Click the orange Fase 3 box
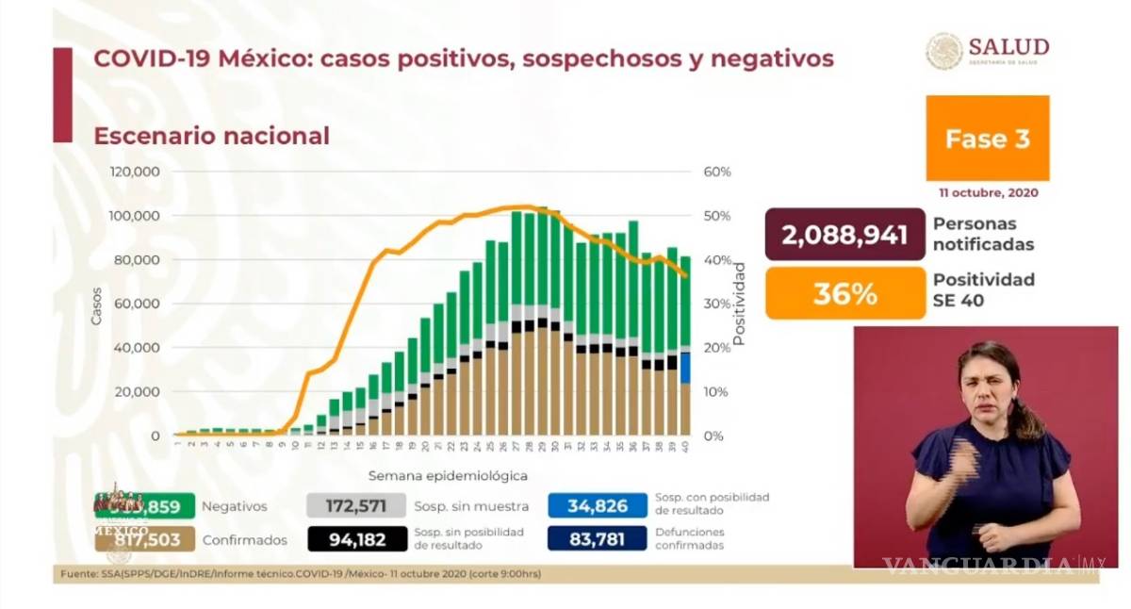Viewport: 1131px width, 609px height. pos(987,139)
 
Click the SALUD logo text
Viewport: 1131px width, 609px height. pos(1008,48)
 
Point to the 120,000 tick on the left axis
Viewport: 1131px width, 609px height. pos(134,173)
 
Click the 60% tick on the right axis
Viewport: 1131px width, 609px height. pos(717,173)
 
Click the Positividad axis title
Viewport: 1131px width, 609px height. pos(740,304)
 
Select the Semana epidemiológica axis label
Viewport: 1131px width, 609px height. pos(448,475)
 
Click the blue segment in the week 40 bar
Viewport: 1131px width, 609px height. pos(685,367)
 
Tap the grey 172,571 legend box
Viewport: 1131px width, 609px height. pos(355,506)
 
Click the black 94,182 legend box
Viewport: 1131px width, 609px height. pos(355,538)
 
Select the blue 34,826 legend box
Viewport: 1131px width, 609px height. pos(598,506)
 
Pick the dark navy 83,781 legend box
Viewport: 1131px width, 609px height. pos(598,538)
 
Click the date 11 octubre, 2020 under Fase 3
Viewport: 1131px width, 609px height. pos(988,192)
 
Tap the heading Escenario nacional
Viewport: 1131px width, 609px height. pos(211,136)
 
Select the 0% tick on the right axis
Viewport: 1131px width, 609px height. pos(714,436)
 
